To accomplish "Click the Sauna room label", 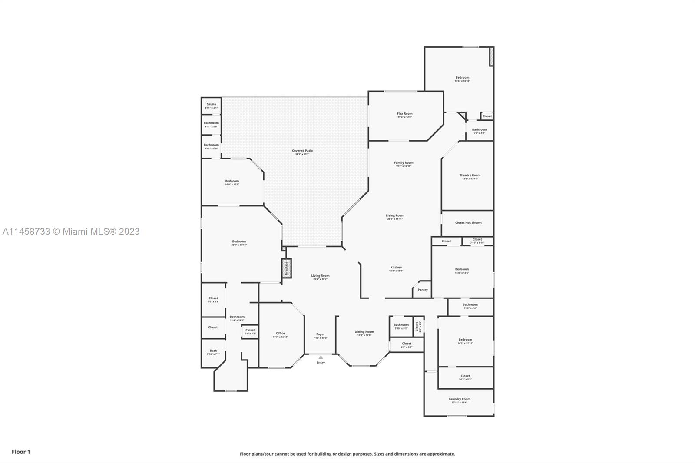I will pyautogui.click(x=211, y=105).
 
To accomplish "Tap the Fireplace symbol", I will pyautogui.click(x=287, y=268).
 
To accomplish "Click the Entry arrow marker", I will pyautogui.click(x=321, y=357).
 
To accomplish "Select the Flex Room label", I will pyautogui.click(x=404, y=114).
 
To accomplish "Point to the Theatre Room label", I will pyautogui.click(x=470, y=175).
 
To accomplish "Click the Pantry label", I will pyautogui.click(x=422, y=290).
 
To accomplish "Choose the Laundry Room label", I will pyautogui.click(x=459, y=399).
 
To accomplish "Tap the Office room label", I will pyautogui.click(x=280, y=334).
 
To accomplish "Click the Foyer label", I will pyautogui.click(x=320, y=334).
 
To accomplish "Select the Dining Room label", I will pyautogui.click(x=364, y=332).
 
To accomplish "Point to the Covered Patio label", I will pyautogui.click(x=302, y=151).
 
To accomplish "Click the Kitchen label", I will pyautogui.click(x=396, y=268).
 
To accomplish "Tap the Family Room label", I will pyautogui.click(x=404, y=163).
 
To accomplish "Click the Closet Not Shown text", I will pyautogui.click(x=468, y=223).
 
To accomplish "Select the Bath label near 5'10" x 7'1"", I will pyautogui.click(x=213, y=351).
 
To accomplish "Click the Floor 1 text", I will pyautogui.click(x=21, y=452).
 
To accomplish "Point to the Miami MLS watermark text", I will pyautogui.click(x=71, y=231).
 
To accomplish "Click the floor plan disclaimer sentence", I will pyautogui.click(x=347, y=454).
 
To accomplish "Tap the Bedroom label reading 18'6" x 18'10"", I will pyautogui.click(x=462, y=78).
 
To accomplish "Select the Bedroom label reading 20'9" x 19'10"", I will pyautogui.click(x=239, y=241).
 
